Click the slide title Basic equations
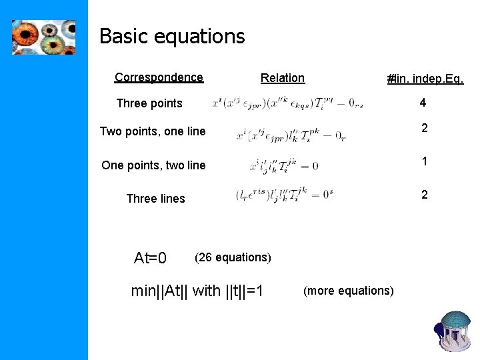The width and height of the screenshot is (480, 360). point(172,36)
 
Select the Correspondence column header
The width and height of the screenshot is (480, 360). point(159,77)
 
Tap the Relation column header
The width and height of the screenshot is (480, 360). point(283,78)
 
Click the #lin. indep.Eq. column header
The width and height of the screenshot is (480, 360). point(425,79)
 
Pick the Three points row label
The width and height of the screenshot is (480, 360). point(149,103)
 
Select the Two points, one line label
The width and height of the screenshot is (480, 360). point(153,131)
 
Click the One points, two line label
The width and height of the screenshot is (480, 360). point(153,165)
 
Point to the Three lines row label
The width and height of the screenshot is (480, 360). point(155,199)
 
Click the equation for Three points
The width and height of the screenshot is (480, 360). point(287,103)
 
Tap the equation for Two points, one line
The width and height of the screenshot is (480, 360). point(291,136)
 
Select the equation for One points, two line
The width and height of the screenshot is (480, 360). point(283,165)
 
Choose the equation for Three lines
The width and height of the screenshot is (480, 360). point(283,195)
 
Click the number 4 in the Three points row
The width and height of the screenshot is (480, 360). point(423,103)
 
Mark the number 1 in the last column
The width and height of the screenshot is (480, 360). point(423,161)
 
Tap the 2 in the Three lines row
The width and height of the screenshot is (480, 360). point(423,194)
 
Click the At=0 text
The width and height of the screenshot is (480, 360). point(150,258)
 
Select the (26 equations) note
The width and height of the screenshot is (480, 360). point(233,257)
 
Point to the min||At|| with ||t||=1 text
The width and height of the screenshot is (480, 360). point(198,291)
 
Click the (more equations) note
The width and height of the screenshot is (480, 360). point(348,291)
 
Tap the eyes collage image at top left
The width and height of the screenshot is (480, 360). point(43,37)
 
